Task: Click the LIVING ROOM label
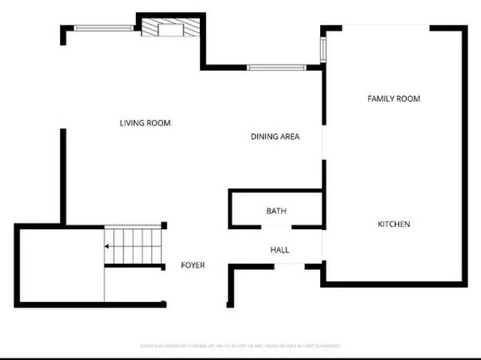click(x=145, y=123)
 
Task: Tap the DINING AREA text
click(x=275, y=137)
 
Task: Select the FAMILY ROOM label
click(x=393, y=98)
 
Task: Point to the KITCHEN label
click(x=394, y=224)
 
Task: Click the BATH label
click(x=276, y=211)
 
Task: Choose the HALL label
click(x=279, y=250)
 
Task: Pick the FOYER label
click(x=192, y=265)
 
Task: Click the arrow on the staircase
click(x=110, y=246)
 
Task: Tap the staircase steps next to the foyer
click(x=134, y=246)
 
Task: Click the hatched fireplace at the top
click(x=171, y=29)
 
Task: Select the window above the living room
click(x=104, y=29)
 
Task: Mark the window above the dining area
click(x=276, y=68)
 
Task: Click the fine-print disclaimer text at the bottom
click(x=240, y=346)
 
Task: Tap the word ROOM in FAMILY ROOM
click(x=409, y=98)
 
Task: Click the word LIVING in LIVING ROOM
click(x=132, y=123)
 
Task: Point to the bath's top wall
click(x=276, y=191)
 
